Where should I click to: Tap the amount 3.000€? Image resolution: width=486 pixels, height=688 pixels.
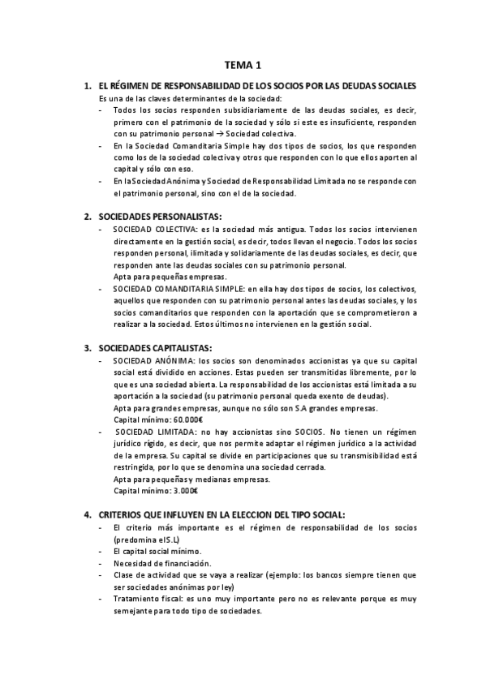coord(183,491)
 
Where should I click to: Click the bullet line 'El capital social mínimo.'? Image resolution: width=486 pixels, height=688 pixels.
coord(158,551)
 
